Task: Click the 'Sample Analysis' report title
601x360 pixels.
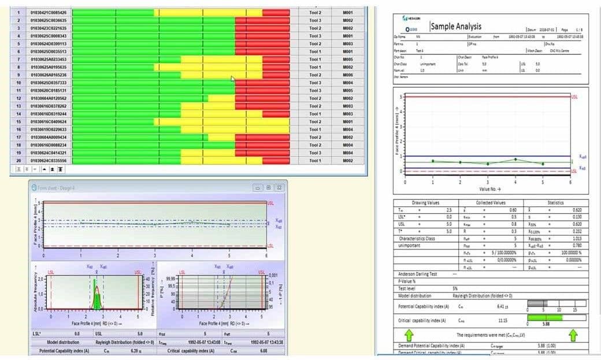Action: tap(455, 27)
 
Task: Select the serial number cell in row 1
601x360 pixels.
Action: tap(49, 12)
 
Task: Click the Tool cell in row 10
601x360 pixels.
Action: tap(315, 83)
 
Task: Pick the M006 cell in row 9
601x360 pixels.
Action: tap(347, 75)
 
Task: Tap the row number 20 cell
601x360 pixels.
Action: tap(18, 161)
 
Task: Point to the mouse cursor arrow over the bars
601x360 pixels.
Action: tap(233, 79)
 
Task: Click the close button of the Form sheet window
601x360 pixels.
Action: tap(280, 188)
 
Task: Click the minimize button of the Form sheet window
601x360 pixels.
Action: tap(258, 188)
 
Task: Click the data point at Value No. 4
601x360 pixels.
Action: tap(515, 159)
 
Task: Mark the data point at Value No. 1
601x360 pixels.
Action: tap(433, 161)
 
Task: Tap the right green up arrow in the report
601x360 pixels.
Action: tap(573, 335)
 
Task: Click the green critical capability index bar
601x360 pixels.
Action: tap(546, 317)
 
